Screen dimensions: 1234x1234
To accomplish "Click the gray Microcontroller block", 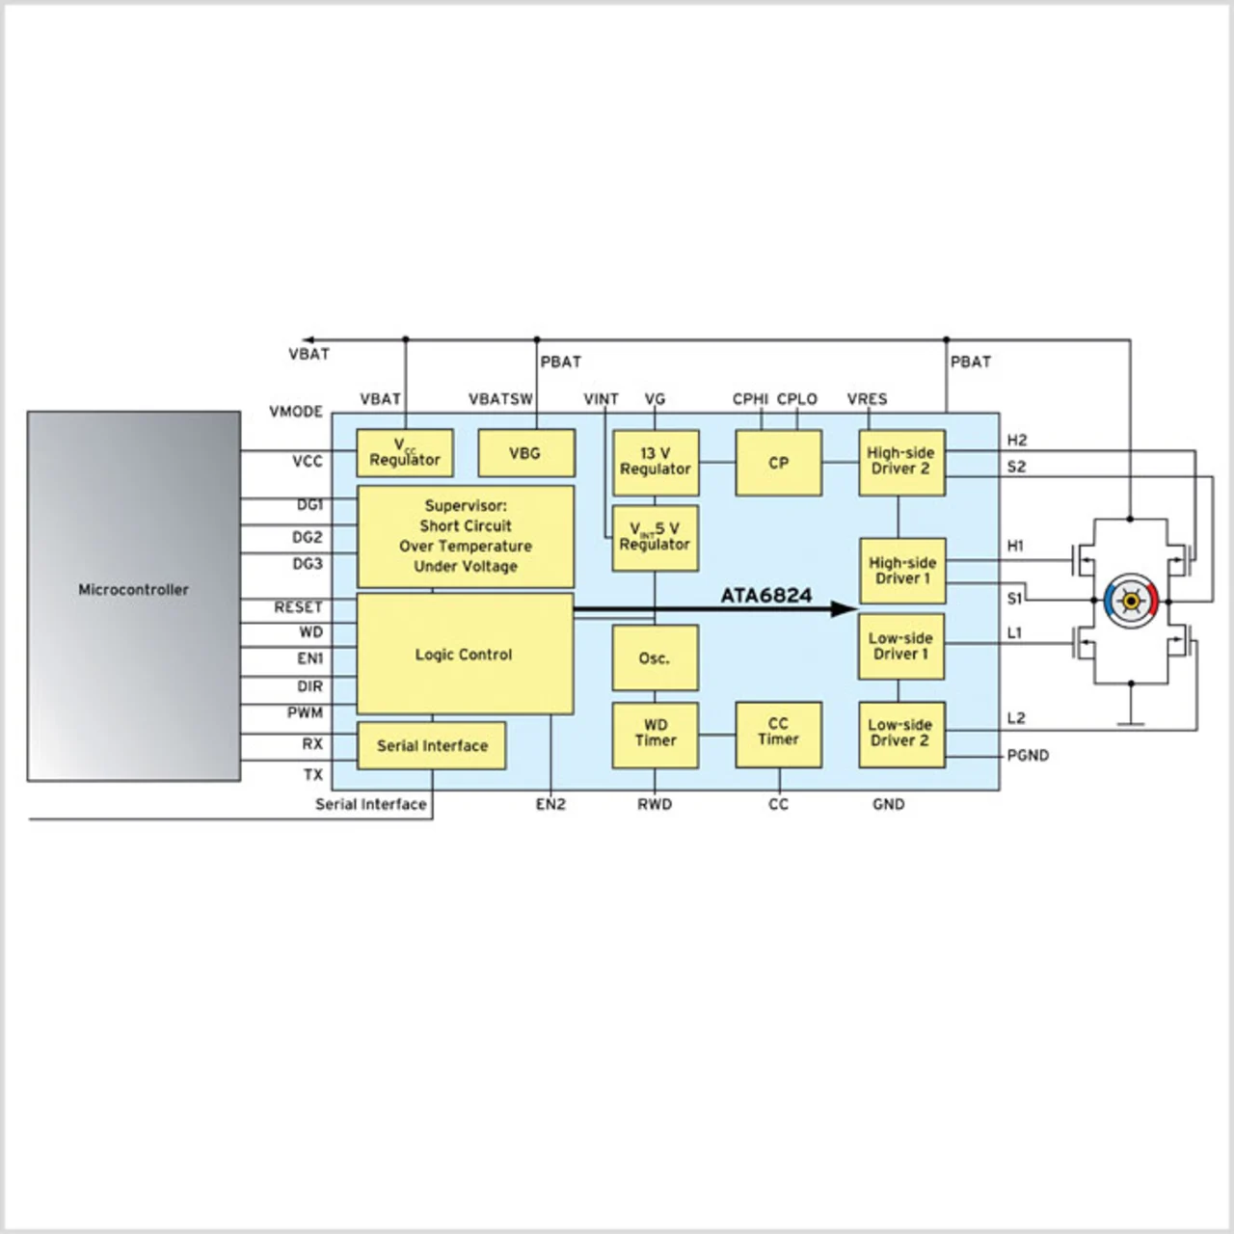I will (133, 596).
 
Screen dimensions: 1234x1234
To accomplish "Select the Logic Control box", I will (465, 654).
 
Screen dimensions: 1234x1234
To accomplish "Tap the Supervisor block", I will (465, 536).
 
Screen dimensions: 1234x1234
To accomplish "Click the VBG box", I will (525, 453).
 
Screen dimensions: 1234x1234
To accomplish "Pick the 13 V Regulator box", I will (656, 462).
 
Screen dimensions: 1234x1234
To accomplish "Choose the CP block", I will (778, 463).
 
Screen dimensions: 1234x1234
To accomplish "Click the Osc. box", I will (655, 658).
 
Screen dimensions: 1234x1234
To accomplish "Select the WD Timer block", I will (656, 734).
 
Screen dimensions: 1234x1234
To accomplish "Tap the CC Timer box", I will (778, 732).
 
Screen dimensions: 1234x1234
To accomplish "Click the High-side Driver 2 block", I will (900, 462).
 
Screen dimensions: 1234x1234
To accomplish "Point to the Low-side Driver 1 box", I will (900, 646).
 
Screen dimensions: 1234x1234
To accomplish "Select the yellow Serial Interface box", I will (432, 745).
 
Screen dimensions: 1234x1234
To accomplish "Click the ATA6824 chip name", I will (766, 596).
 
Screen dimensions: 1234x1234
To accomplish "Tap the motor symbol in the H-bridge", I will (1130, 601).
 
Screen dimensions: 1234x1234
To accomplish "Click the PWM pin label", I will (305, 712).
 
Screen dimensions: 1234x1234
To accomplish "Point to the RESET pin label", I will (298, 607).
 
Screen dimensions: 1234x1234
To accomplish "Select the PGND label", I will (1028, 755).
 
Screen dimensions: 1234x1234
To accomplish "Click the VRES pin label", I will (867, 399).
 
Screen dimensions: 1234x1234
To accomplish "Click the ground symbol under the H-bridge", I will (1130, 721).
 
